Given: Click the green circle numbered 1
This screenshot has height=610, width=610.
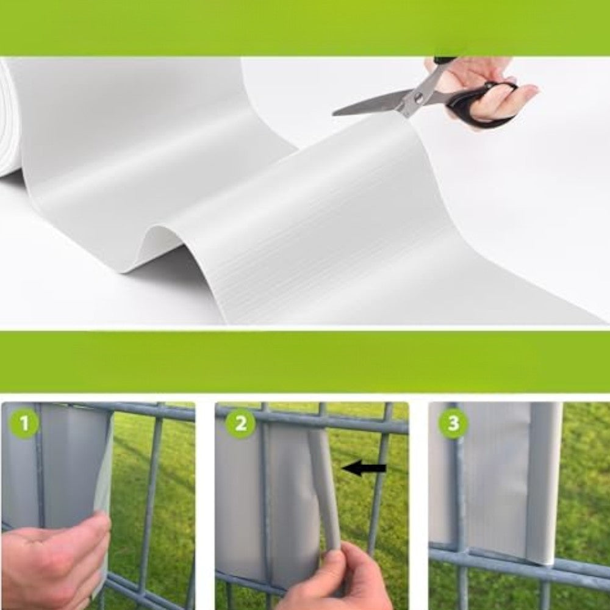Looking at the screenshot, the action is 24,423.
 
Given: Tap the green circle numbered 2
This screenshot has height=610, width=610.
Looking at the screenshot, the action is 241,423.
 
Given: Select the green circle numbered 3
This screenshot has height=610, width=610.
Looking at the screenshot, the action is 454,423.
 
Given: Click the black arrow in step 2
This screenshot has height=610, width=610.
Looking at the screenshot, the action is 364,468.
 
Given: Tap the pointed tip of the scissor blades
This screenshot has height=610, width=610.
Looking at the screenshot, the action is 334,114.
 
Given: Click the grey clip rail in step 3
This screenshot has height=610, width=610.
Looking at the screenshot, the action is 546,483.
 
